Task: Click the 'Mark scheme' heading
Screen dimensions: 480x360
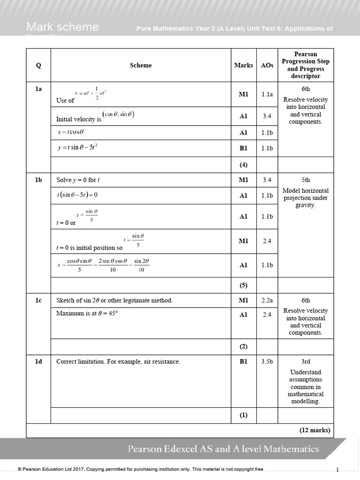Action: click(62, 27)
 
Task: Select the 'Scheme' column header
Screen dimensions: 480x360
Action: click(141, 66)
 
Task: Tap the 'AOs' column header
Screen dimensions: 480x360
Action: click(267, 66)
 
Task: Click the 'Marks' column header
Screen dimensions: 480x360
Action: click(243, 66)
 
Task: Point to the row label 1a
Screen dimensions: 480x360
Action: click(38, 88)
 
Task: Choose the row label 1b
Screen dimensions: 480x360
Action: click(38, 180)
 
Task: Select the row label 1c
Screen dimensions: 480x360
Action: click(38, 300)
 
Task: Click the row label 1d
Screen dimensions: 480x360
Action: click(38, 361)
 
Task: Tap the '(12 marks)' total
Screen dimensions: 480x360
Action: click(315, 430)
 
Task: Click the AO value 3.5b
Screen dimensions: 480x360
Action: click(267, 361)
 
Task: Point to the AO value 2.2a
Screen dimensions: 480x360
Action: click(267, 300)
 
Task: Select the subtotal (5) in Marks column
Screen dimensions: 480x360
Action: click(243, 285)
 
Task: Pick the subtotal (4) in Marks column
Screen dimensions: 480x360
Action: click(243, 165)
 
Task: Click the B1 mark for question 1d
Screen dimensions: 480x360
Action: click(243, 361)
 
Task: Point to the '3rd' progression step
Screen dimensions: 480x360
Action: click(306, 361)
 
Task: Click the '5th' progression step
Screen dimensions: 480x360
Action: click(306, 180)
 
